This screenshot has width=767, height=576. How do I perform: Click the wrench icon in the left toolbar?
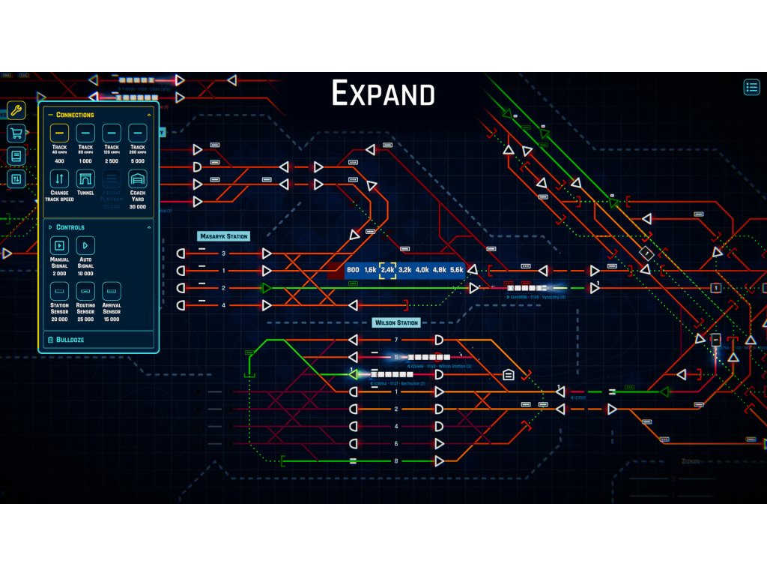pos(16,112)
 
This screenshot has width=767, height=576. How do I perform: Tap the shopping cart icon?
pos(16,134)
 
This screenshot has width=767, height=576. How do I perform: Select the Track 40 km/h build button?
pos(59,133)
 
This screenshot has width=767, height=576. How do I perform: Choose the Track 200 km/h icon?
pos(138,133)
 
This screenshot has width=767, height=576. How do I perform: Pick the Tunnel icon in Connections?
pos(85,179)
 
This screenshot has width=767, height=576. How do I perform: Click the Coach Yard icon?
pos(138,179)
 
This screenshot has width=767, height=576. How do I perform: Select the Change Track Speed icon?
pos(59,179)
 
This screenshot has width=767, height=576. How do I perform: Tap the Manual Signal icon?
pos(59,245)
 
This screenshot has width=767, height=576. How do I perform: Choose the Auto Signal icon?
pos(85,245)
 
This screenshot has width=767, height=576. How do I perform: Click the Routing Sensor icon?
pos(85,291)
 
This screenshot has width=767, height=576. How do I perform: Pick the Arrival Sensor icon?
pos(112,291)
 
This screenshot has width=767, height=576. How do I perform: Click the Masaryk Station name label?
pos(223,236)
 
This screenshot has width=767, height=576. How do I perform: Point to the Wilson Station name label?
pos(397,323)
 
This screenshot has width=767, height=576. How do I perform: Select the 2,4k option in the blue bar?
pos(387,270)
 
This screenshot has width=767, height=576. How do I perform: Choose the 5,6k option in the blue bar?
pos(457,270)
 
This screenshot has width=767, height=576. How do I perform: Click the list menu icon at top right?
pos(751,87)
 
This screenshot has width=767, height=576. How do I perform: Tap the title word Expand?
pos(383,94)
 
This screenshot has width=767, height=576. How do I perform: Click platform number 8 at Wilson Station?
pos(396,460)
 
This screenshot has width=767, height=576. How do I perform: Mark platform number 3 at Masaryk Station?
pos(223,253)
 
